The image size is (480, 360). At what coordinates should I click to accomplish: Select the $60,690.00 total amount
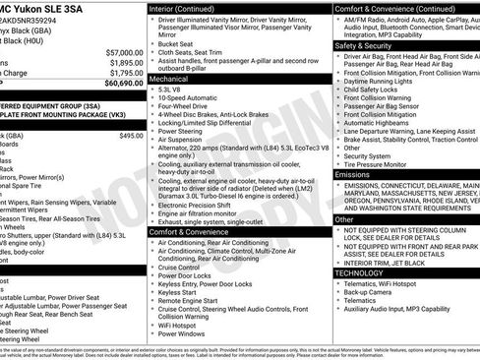(117, 83)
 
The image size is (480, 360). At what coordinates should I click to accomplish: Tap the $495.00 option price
(131, 136)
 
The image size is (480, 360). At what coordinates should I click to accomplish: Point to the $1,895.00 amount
(124, 61)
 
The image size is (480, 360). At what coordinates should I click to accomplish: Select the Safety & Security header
(362, 45)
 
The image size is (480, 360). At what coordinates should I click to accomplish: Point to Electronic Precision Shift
(202, 204)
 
